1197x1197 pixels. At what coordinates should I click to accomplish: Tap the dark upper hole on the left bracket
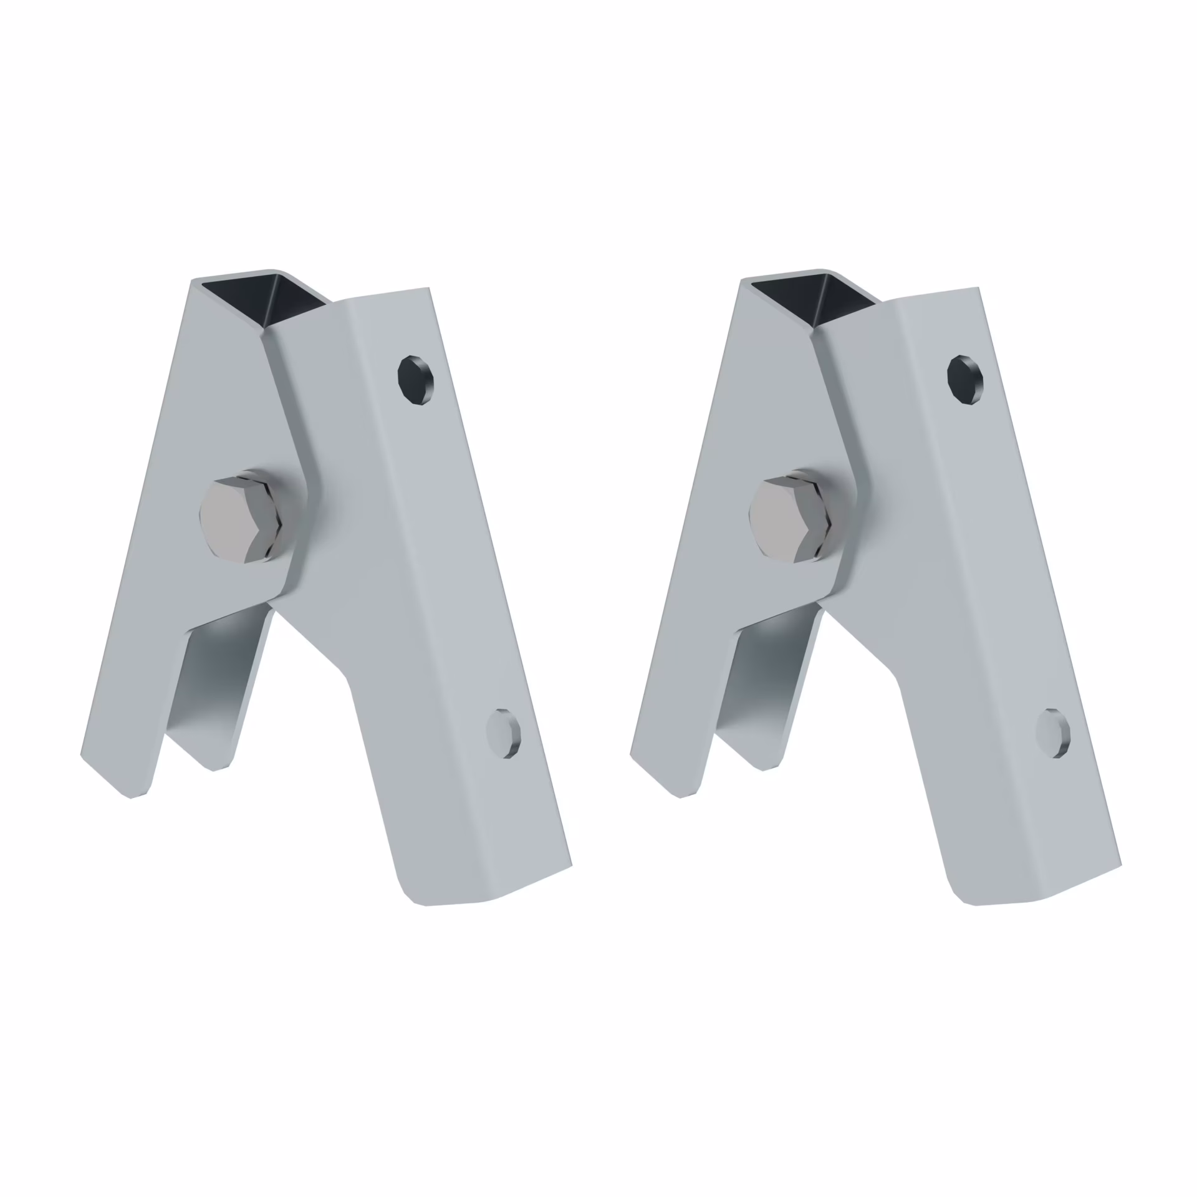click(416, 380)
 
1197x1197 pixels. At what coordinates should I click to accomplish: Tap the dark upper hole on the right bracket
click(965, 380)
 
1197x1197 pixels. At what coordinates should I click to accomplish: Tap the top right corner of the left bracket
click(428, 289)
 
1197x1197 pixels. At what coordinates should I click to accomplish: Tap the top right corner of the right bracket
click(978, 289)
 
